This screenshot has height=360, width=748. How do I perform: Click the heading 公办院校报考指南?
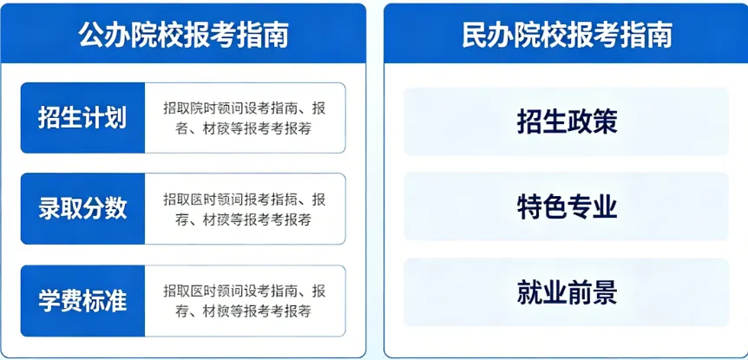click(183, 36)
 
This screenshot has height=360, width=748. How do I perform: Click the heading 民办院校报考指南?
click(567, 36)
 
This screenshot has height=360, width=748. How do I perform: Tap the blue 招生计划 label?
click(82, 118)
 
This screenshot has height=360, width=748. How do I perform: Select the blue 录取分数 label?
click(82, 208)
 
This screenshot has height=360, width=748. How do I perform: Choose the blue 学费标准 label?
click(82, 300)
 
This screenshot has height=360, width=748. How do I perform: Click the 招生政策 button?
click(567, 121)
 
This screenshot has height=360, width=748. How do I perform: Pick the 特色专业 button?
click(567, 206)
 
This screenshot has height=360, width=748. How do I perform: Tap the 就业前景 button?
click(567, 291)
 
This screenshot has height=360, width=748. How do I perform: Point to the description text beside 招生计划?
click(244, 118)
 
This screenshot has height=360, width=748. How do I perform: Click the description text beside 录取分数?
click(244, 208)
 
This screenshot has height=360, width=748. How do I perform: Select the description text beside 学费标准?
click(244, 300)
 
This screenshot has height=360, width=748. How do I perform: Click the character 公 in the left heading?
click(91, 36)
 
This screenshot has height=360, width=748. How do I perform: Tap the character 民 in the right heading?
click(475, 36)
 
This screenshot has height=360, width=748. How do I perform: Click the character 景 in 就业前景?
click(605, 291)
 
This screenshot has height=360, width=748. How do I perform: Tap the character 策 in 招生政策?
click(605, 121)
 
